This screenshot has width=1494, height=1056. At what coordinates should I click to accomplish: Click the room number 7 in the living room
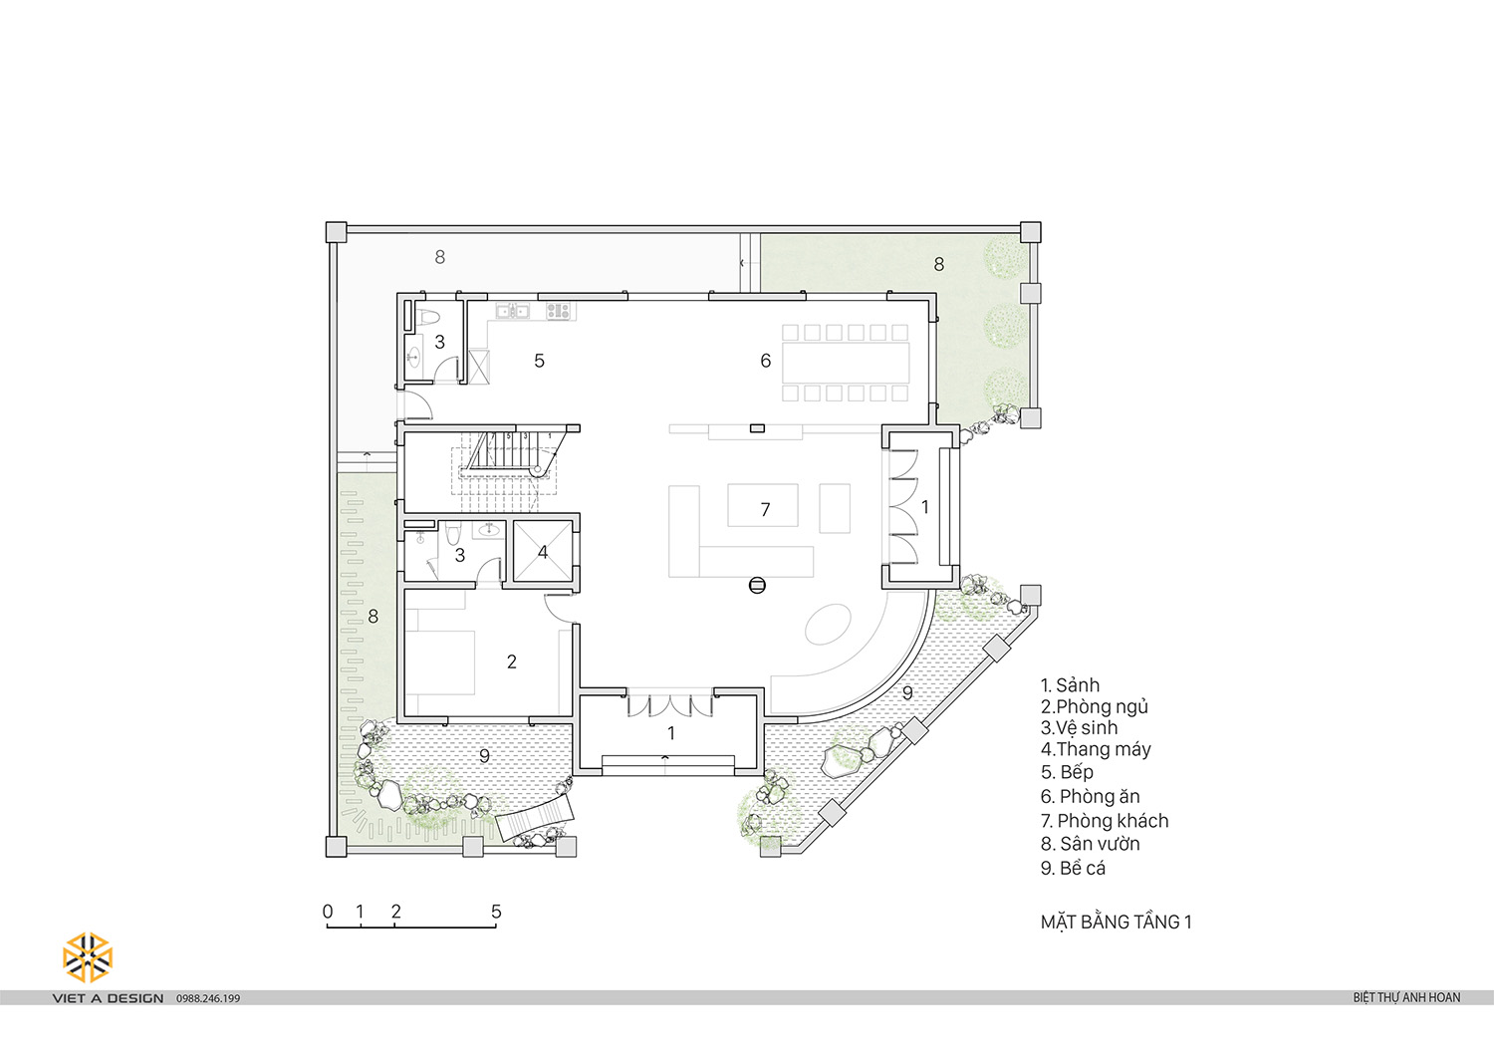click(765, 510)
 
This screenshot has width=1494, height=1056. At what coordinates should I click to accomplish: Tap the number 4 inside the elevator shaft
click(543, 552)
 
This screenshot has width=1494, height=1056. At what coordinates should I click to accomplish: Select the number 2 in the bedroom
click(512, 661)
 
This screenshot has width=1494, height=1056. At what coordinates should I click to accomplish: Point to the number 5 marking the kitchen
click(539, 361)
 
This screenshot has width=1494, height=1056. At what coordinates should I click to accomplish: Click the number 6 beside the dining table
click(766, 361)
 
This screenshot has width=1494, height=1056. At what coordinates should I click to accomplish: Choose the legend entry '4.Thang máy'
click(1096, 749)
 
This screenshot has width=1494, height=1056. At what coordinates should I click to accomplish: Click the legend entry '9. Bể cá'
click(1073, 868)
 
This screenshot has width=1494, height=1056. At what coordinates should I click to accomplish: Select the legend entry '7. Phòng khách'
click(1105, 821)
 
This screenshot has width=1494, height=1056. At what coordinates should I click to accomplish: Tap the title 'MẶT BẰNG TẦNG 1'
click(1116, 922)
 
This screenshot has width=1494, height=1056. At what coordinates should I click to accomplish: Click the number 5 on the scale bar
click(496, 912)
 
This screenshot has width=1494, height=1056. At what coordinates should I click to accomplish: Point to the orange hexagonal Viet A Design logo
click(88, 957)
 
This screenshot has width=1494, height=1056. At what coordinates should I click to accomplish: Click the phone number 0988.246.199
click(208, 998)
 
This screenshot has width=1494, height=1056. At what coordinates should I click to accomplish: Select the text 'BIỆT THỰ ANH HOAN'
click(1406, 998)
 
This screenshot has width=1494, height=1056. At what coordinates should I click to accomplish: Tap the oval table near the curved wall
click(828, 624)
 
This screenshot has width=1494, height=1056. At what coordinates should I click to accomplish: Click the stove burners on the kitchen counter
click(558, 310)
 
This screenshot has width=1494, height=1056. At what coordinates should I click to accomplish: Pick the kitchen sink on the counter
click(513, 311)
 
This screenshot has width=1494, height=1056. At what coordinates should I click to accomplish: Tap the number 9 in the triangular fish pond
click(907, 693)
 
